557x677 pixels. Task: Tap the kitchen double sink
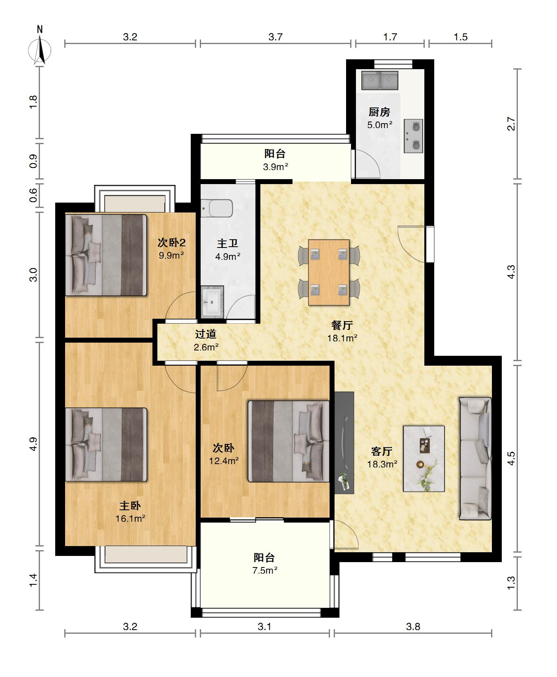click(x=380, y=80)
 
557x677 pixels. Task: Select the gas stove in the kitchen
click(x=413, y=136)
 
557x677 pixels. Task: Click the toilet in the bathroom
click(x=217, y=208)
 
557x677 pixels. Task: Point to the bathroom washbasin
click(x=212, y=302)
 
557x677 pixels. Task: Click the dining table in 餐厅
click(x=329, y=272)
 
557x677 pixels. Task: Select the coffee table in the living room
click(x=424, y=458)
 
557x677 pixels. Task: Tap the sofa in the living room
click(x=475, y=458)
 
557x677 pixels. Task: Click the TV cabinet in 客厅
click(x=344, y=443)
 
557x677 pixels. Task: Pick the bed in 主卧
click(x=106, y=444)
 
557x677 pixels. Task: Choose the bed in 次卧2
click(x=106, y=255)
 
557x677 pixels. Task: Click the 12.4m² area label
click(x=224, y=461)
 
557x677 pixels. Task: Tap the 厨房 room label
click(x=379, y=112)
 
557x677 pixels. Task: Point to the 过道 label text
click(x=206, y=334)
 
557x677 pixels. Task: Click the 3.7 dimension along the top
click(x=275, y=37)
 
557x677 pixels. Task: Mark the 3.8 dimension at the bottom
click(x=413, y=626)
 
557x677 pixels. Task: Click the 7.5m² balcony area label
click(x=264, y=570)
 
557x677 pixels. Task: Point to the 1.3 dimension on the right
click(x=511, y=582)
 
